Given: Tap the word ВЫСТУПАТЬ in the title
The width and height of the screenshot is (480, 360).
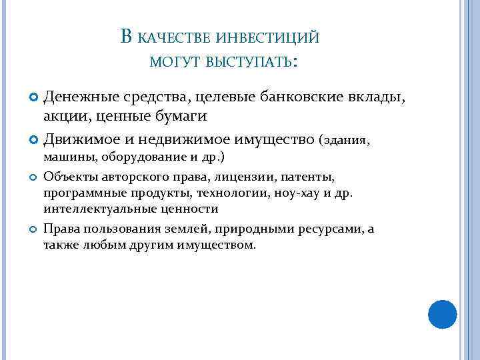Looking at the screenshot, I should click(249, 63).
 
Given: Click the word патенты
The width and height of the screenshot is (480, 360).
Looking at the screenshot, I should click(307, 177).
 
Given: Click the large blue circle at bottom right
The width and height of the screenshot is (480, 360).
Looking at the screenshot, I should click(442, 314).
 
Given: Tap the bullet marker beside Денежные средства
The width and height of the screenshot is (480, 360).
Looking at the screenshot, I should click(34, 99).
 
